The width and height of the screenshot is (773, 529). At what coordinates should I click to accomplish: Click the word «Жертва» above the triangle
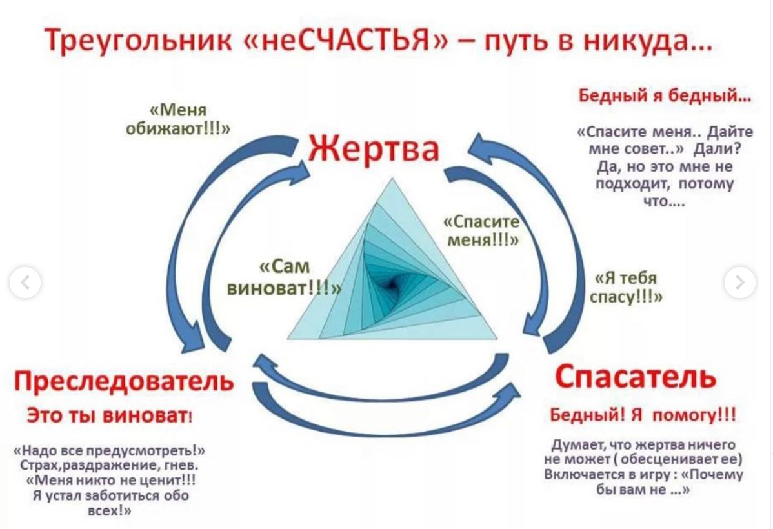point(373,149)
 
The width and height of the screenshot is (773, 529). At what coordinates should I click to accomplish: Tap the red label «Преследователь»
point(124,381)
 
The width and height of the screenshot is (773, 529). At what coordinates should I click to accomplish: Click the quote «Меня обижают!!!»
point(178,119)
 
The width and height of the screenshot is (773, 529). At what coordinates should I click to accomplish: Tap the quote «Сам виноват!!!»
point(285,277)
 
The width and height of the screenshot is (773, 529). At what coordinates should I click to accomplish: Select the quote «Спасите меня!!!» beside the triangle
point(481,230)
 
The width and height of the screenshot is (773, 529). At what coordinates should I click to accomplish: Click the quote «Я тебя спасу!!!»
point(626,288)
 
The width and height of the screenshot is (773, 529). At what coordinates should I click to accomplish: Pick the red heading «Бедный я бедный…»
point(665,95)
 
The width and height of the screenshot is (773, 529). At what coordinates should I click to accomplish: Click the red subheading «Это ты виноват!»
point(109,415)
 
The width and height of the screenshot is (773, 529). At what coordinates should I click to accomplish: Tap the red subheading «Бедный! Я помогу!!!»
point(643,415)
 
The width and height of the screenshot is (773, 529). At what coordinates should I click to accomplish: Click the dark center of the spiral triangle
point(392,283)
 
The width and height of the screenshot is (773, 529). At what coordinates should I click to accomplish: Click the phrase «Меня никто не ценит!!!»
point(112,480)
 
